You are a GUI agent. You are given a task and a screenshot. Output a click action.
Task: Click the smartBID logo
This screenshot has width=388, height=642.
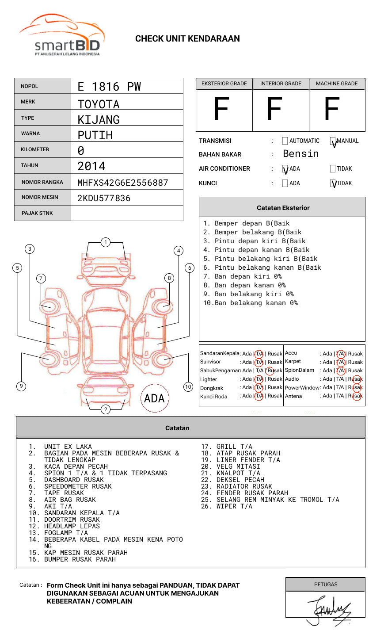click(62, 35)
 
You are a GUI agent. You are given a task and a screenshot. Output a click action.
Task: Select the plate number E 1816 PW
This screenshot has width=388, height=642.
click(109, 87)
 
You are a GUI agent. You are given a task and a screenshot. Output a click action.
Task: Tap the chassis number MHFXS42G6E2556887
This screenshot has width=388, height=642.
click(122, 183)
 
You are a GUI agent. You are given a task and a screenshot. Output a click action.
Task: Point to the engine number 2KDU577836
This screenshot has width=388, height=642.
click(104, 198)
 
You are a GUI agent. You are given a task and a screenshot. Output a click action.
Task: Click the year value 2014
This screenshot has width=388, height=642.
click(91, 166)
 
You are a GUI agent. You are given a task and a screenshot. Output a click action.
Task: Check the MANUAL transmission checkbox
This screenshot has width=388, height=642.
click(333, 141)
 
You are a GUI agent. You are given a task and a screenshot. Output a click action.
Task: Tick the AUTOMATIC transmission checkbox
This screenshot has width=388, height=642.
click(285, 141)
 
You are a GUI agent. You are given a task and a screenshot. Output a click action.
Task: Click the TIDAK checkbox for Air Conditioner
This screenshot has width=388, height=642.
click(333, 168)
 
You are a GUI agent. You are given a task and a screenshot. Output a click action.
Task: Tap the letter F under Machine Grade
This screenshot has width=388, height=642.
click(331, 110)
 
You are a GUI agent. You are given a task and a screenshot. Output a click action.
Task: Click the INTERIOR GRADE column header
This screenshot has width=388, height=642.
click(281, 84)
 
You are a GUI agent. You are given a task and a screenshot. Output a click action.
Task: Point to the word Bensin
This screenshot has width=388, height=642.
click(301, 154)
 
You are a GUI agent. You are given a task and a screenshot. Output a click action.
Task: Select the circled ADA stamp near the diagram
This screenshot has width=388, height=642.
click(154, 398)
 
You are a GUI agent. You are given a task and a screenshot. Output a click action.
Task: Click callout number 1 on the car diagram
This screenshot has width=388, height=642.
click(105, 242)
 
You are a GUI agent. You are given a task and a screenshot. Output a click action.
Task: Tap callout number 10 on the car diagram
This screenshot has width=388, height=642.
click(188, 387)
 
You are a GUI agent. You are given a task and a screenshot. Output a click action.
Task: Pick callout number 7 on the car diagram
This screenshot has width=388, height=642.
click(41, 278)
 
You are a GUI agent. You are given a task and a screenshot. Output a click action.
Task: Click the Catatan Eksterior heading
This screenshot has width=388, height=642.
click(283, 208)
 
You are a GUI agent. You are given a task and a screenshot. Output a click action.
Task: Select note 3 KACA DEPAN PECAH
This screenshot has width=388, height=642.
click(76, 466)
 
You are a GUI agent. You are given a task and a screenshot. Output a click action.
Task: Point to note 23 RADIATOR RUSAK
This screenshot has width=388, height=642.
click(244, 486)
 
